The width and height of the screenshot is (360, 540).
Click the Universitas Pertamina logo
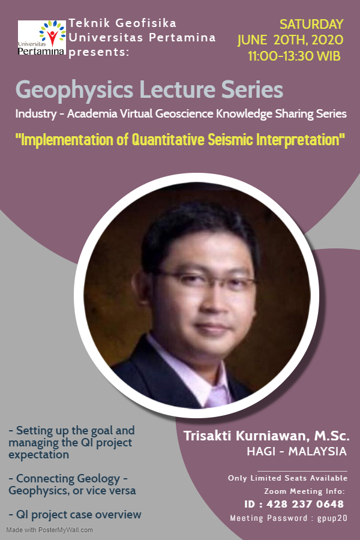[41, 38]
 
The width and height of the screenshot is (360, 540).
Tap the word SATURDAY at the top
[311, 25]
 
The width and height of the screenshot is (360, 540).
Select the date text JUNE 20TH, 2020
[290, 41]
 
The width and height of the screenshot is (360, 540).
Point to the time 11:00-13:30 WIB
[294, 57]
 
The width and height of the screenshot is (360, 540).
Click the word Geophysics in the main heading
[74, 90]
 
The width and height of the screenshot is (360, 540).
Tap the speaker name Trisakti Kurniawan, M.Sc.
[266, 434]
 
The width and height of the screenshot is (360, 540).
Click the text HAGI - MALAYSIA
[296, 451]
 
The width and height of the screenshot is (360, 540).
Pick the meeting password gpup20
[332, 518]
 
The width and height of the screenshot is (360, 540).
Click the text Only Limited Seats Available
[287, 478]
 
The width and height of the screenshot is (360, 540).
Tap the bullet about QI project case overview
[75, 514]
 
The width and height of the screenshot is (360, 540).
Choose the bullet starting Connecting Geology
[72, 484]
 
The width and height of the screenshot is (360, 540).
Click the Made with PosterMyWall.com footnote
[50, 530]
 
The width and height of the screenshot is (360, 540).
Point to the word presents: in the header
[98, 52]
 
